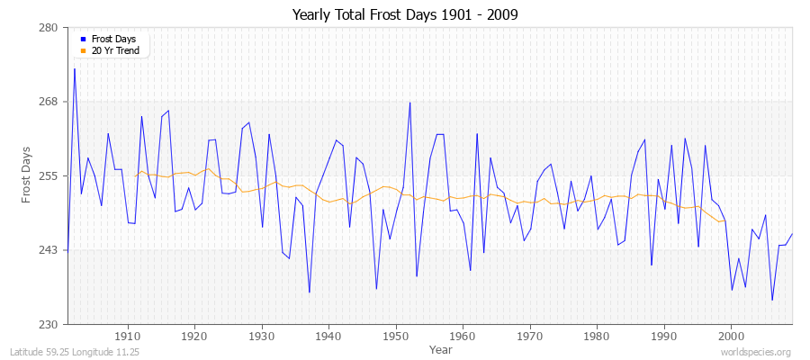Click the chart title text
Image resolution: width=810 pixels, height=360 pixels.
(405, 15)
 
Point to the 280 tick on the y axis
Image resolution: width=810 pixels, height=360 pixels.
(49, 28)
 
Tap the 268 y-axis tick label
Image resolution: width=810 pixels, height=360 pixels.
(49, 102)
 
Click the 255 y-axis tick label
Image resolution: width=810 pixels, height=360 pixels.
(49, 175)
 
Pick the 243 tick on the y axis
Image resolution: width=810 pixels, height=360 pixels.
(49, 250)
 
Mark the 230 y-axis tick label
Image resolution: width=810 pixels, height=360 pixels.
(49, 324)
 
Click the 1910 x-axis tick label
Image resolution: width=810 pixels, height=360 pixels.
(128, 336)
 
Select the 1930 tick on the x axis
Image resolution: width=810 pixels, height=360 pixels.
(262, 336)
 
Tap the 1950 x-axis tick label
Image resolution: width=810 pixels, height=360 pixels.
(396, 336)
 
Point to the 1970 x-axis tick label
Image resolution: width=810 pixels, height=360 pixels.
(530, 336)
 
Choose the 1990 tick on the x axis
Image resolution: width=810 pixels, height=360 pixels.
(664, 336)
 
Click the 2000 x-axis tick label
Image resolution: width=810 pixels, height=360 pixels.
(731, 336)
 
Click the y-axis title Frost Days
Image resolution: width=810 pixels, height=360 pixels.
(27, 175)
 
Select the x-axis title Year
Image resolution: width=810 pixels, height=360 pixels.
(441, 348)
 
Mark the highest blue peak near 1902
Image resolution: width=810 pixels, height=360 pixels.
(75, 68)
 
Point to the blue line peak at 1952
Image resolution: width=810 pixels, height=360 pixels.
(409, 102)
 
